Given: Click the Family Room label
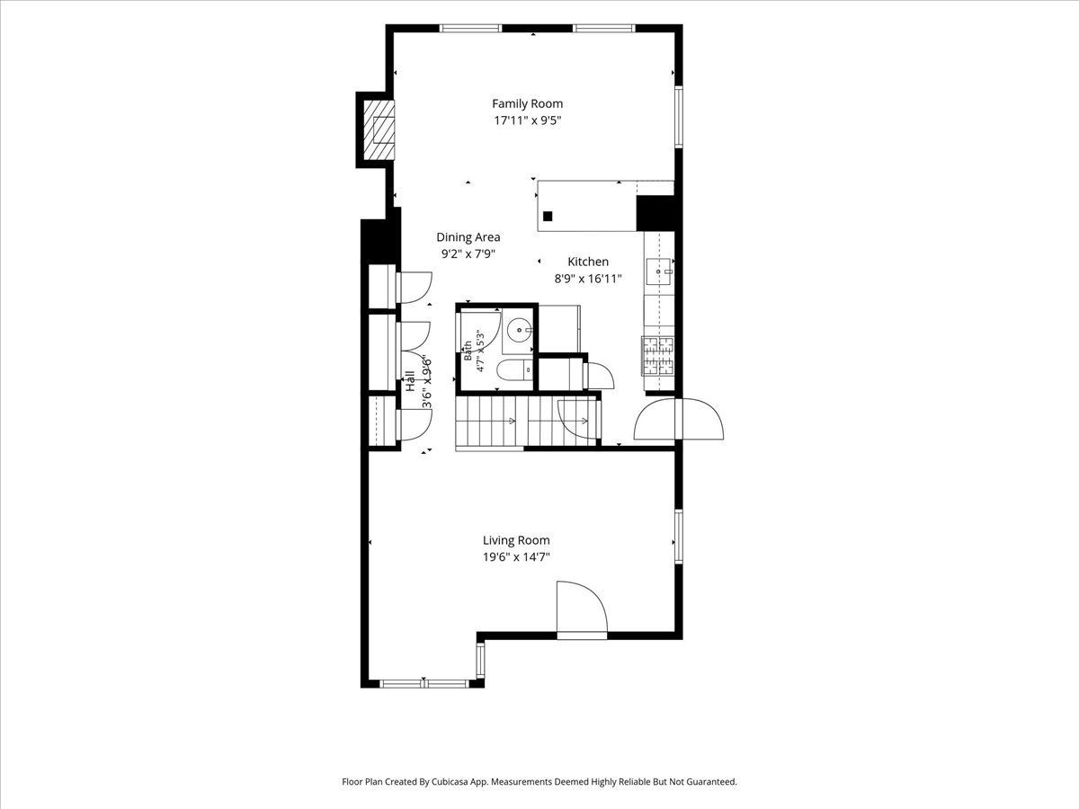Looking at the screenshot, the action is [x=528, y=103].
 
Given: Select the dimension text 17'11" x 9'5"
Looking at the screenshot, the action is [x=528, y=120].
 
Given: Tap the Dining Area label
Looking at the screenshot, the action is [x=468, y=237].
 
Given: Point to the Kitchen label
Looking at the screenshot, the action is [x=588, y=262].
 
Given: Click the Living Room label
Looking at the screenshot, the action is [x=516, y=540].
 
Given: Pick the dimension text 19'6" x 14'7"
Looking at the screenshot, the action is [x=516, y=557].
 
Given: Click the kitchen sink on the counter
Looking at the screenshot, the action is [x=659, y=271].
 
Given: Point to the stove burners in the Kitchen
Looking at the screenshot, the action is [x=658, y=356].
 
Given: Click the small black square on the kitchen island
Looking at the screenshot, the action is [x=548, y=216].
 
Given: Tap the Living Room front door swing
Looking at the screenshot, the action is [x=582, y=608].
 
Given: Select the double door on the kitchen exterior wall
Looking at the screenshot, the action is [x=679, y=419].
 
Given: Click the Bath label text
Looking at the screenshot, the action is [x=468, y=351].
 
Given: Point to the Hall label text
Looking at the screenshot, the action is [x=410, y=381].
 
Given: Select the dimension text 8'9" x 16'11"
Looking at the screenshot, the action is [x=588, y=279].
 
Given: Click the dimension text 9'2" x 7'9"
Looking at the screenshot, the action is [x=468, y=254].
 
